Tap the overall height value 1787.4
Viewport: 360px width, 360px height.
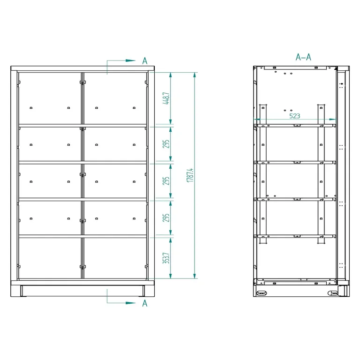tap(190, 175)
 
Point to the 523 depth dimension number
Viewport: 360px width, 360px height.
tap(294, 116)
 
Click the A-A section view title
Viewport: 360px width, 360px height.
tap(303, 57)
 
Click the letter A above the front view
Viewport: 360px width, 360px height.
tap(145, 61)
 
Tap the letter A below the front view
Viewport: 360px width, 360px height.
tap(145, 303)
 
